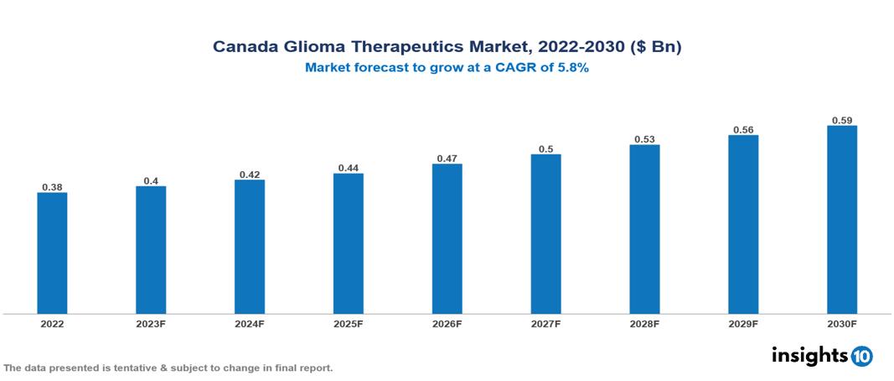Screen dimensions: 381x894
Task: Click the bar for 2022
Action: click(x=52, y=253)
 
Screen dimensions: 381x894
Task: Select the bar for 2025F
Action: click(x=348, y=243)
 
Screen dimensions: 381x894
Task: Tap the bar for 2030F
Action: click(x=841, y=220)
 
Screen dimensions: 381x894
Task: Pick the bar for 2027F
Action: click(x=545, y=234)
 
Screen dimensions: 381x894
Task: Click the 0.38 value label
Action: click(x=52, y=186)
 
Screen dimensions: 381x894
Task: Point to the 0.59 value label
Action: click(x=841, y=119)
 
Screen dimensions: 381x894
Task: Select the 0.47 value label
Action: click(x=447, y=158)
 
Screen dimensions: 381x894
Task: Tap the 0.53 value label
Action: click(x=644, y=138)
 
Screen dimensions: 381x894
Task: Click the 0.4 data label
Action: click(x=151, y=180)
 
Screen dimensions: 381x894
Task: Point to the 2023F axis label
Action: click(x=151, y=324)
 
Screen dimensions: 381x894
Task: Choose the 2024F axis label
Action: click(x=250, y=324)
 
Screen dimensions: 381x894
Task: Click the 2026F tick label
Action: click(x=447, y=324)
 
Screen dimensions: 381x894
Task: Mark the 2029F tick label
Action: click(x=743, y=324)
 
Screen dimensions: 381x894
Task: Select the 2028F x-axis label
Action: click(x=644, y=324)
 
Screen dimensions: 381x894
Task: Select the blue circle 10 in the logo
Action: click(x=861, y=356)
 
